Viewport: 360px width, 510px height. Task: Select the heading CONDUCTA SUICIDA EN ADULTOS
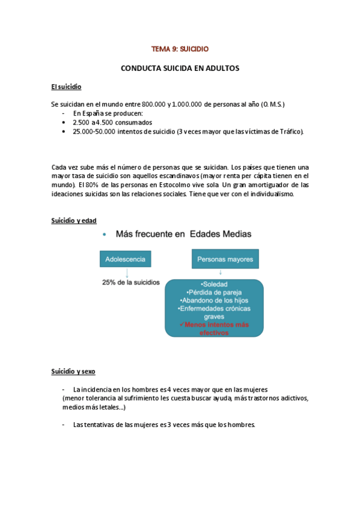coord(180,69)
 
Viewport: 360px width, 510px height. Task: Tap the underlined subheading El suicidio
coord(66,88)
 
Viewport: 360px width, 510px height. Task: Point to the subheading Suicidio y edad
coord(73,221)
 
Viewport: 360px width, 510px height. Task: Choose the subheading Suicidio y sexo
coord(73,372)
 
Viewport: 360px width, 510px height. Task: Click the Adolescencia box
coord(126,260)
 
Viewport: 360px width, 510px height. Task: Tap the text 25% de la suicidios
coord(130,282)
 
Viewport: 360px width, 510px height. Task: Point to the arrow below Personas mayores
coord(221,272)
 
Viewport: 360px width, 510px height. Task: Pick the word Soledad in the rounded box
coord(215,284)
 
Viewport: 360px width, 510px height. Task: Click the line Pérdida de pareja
coord(215,292)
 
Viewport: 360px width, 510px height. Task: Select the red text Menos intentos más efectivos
coord(215,328)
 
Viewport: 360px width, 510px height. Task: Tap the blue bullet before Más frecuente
coord(105,235)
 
